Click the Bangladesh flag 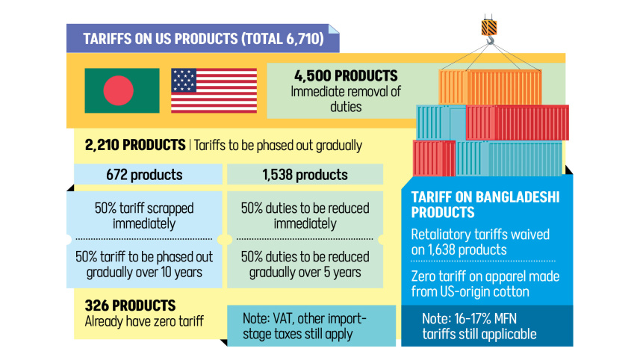pyautogui.click(x=122, y=90)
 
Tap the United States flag pyautogui.click(x=214, y=90)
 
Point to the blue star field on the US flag pyautogui.click(x=184, y=79)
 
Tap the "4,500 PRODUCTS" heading pyautogui.click(x=346, y=76)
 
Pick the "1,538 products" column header pyautogui.click(x=304, y=175)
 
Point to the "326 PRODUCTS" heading pyautogui.click(x=131, y=305)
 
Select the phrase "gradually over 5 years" pyautogui.click(x=304, y=272)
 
